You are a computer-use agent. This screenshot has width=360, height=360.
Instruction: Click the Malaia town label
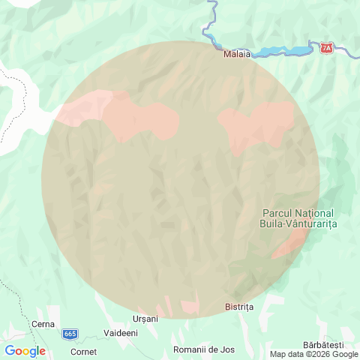point(236,54)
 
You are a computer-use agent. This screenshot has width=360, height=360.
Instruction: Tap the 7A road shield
point(326,48)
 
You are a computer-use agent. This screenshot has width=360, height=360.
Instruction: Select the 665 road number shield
point(70,333)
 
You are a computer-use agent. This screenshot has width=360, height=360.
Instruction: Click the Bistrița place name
point(240,307)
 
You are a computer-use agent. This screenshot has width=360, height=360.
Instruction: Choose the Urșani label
point(145,319)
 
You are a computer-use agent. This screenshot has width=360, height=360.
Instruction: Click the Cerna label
point(43,324)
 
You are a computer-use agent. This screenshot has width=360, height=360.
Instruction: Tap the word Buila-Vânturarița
point(298,224)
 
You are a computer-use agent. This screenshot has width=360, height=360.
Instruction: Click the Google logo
point(25,351)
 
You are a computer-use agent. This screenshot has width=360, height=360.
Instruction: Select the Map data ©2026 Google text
point(314,355)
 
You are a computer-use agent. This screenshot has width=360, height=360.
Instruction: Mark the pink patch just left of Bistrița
point(190,307)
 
